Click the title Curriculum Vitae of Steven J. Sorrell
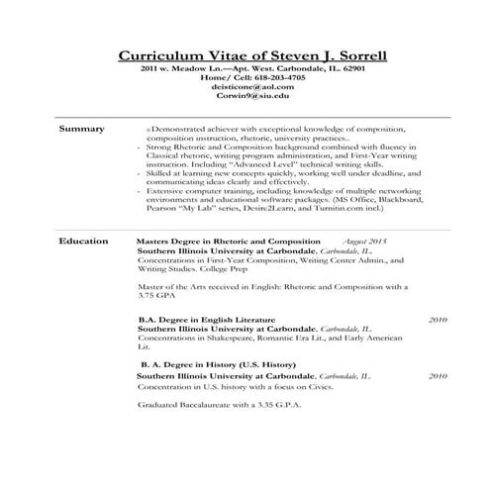point(245,54)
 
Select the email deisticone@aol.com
point(246,87)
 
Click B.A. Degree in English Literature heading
point(205,321)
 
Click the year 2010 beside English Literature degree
point(437,321)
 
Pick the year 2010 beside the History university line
point(437,377)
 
